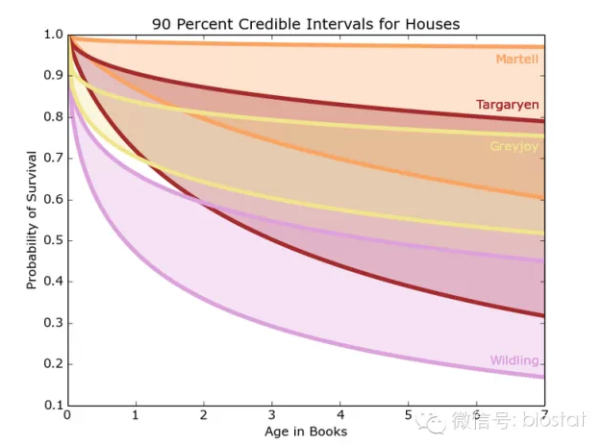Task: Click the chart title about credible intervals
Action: pos(306,22)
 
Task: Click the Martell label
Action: pos(516,60)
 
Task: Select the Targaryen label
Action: pos(507,104)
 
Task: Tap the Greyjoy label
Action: pos(514,146)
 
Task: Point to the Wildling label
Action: pos(514,360)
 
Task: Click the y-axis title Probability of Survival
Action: pos(31,219)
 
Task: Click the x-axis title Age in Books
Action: pos(306,432)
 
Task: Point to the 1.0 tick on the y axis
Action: pos(52,36)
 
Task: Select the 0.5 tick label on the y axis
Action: pos(52,241)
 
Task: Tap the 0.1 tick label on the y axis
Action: pos(52,406)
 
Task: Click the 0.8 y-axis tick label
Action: pos(52,118)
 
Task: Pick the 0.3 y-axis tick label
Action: pos(52,324)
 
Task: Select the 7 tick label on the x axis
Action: pos(544,416)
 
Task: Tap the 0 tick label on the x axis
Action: pos(67,416)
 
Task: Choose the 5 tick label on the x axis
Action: pos(409,416)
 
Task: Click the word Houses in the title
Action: pos(433,22)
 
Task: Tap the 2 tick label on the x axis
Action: pos(204,416)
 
